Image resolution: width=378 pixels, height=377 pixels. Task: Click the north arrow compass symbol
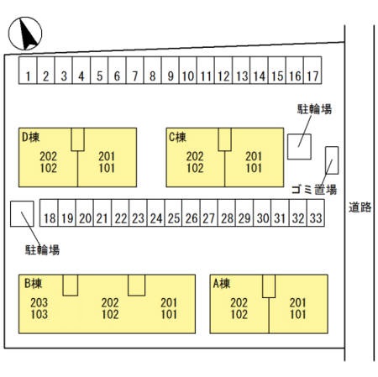pos(25,34)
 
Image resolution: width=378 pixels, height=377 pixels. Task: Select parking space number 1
pos(28,71)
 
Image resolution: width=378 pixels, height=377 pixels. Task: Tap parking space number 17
pos(312,71)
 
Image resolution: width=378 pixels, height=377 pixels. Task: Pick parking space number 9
pos(170,71)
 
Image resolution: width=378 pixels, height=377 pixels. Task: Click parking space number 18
pos(49,213)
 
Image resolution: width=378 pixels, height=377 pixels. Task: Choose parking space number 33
pos(316,213)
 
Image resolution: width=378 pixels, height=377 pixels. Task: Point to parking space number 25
pos(174,213)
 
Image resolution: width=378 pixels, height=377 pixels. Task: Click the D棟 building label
pos(31,137)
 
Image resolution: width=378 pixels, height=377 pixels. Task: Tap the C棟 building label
pos(177,137)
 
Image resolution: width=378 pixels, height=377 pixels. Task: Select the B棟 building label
pos(33,284)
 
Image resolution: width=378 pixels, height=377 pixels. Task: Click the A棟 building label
pos(222,284)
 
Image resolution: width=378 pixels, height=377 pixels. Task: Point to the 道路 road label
pos(360,207)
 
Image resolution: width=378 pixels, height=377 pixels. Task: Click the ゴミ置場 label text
pos(314,190)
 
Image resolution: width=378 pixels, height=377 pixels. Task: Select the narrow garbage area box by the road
pos(332,160)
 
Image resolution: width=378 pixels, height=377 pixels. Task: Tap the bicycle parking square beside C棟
pos(299,147)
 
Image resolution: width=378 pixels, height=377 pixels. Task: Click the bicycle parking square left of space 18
pos(22,213)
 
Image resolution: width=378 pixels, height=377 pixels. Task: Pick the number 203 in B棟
pos(39,302)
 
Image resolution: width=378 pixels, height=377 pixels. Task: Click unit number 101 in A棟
pos(298,314)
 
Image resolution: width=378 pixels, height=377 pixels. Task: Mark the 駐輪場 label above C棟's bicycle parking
pos(314,109)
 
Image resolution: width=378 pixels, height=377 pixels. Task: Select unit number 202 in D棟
pos(48,156)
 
